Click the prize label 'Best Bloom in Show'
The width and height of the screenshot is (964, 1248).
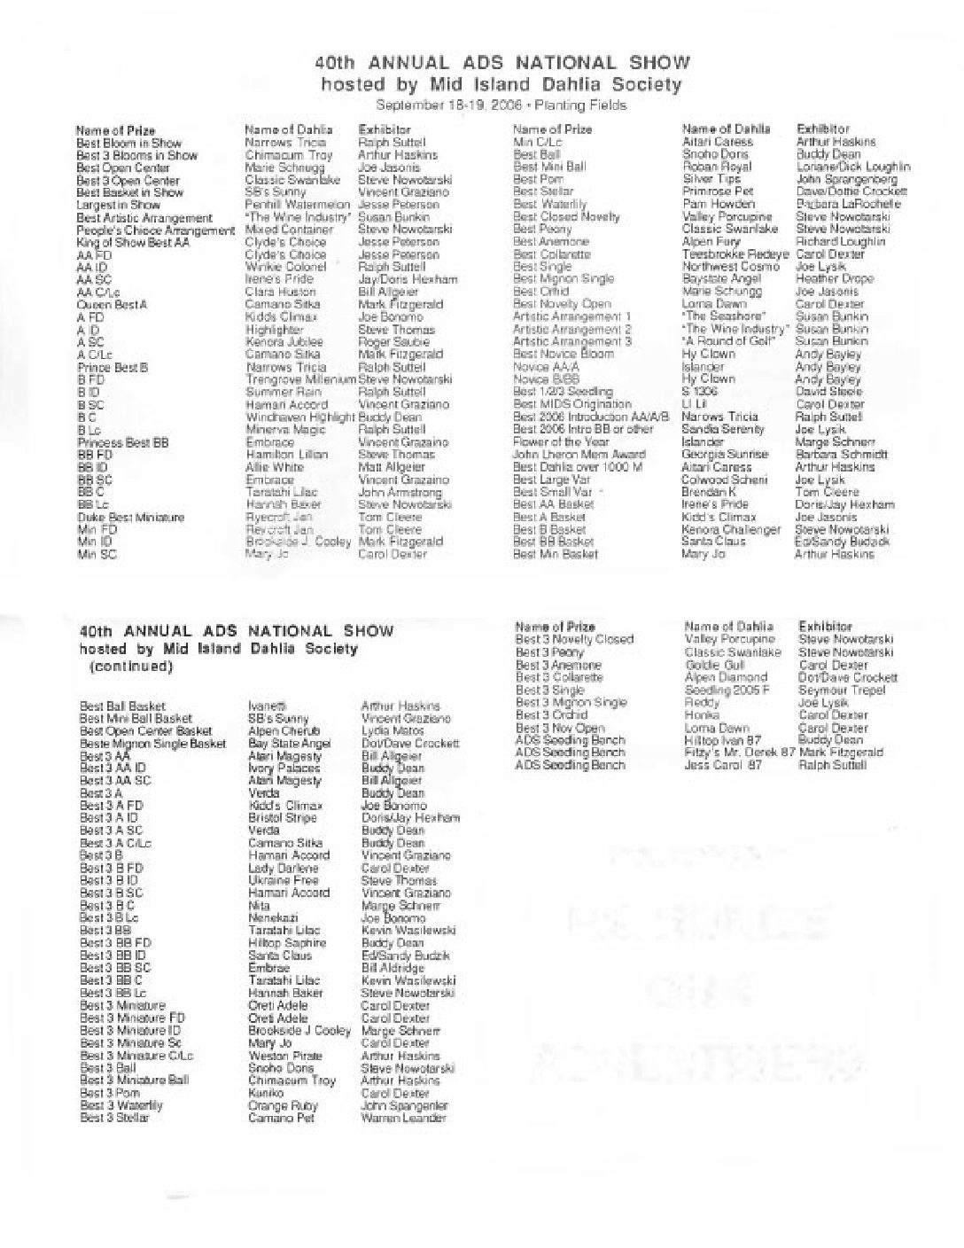pos(128,143)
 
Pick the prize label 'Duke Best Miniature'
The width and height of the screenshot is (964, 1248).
pos(130,517)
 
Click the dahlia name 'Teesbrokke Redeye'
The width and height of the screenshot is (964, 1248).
pos(735,253)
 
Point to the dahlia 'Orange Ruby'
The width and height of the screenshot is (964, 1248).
pos(283,1106)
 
